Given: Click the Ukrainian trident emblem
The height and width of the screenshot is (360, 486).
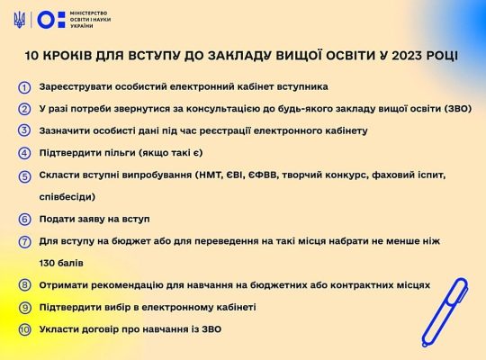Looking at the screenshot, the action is (x=20, y=20).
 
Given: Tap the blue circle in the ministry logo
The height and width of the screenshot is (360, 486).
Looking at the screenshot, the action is (x=46, y=20).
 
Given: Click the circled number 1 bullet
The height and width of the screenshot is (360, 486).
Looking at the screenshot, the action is (x=24, y=88).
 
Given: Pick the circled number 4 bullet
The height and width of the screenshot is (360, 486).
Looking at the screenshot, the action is (x=24, y=154).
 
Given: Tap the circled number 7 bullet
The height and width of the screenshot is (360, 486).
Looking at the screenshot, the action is (x=25, y=242).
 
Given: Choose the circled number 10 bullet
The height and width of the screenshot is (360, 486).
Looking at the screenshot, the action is (x=25, y=329).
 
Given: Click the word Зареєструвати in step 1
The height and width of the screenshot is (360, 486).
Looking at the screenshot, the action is (x=75, y=86).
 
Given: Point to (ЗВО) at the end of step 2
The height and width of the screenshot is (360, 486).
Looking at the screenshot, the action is (x=457, y=109).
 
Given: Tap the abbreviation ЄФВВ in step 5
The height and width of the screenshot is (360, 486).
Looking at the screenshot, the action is (x=263, y=175).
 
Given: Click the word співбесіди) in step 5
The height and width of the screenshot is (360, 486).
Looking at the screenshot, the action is (x=67, y=196).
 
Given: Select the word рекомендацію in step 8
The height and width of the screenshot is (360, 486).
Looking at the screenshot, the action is (x=121, y=285).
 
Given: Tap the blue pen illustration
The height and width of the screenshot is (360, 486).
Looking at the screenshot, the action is (x=445, y=312).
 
